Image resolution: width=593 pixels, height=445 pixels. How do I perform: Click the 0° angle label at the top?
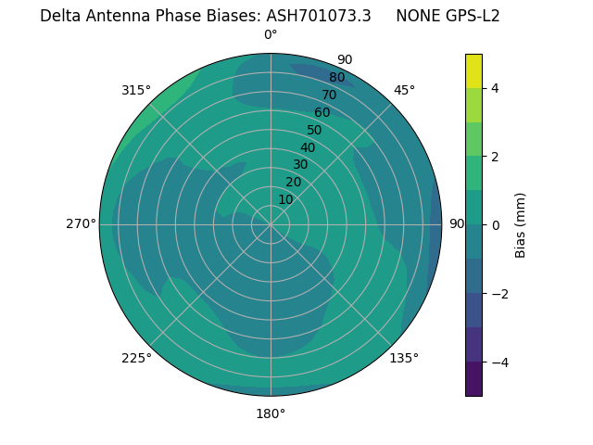271,35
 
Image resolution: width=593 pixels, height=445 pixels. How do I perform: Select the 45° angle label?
404,90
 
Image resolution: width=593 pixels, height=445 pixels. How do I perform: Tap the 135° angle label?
404,358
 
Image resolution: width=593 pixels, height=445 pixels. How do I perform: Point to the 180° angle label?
271,413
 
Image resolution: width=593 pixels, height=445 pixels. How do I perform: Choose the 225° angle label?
136,358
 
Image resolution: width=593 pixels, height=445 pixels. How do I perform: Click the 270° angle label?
81,223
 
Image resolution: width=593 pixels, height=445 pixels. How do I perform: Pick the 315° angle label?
136,90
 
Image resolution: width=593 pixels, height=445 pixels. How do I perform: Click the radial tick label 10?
285,199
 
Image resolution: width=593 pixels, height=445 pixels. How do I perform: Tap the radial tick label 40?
308,147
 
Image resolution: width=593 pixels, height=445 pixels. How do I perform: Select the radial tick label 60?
322,113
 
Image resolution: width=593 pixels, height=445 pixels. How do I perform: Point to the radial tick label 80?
337,78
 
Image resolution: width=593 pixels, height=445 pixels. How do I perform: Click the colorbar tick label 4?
496,88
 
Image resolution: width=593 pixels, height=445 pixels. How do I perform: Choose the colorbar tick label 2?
496,157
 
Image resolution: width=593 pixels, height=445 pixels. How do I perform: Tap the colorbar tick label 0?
496,224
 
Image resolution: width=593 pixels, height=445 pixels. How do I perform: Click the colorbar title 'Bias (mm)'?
521,224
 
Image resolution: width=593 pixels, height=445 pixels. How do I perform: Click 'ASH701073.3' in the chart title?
319,16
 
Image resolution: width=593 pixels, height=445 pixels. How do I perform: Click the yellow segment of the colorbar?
473,71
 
